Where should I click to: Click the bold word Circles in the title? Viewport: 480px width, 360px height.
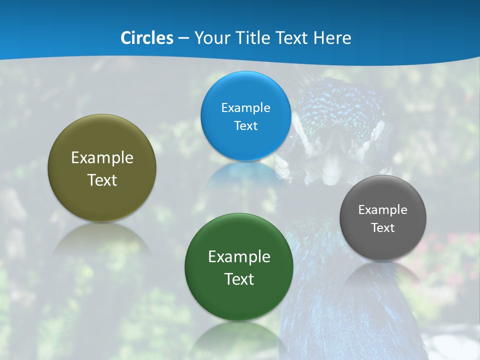147,38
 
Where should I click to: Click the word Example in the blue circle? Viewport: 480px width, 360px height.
245,108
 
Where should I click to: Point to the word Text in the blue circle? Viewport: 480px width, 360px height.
245,126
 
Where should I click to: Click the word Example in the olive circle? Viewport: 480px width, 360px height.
102,158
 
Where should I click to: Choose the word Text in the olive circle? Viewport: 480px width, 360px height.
102,180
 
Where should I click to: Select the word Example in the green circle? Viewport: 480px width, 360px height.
239,257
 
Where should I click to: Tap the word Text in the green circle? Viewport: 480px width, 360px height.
239,279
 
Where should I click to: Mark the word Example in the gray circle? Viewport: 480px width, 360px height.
383,210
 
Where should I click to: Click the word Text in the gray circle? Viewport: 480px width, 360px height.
383,228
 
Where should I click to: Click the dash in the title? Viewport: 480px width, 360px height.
183,38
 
